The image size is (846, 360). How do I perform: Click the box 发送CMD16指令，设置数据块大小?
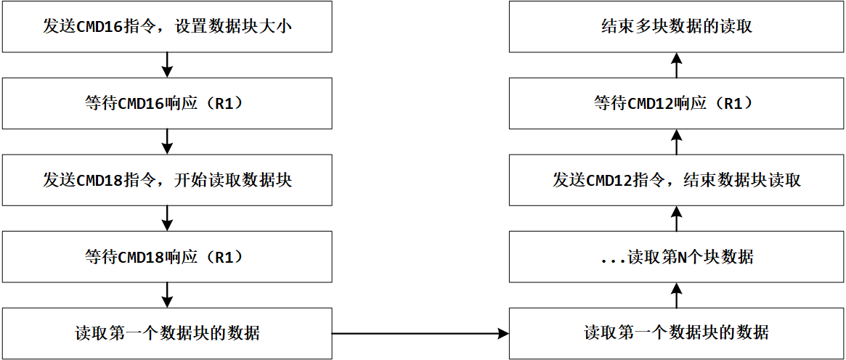tap(167, 27)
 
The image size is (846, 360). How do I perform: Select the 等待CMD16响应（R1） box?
tap(167, 103)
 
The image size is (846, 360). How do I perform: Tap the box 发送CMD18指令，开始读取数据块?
tap(167, 179)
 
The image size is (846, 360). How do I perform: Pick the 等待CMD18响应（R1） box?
tap(167, 256)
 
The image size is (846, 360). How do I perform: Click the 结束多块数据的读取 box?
tap(676, 27)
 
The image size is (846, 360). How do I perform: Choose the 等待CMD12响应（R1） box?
tap(676, 103)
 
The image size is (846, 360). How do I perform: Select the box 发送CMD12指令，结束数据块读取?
tap(676, 179)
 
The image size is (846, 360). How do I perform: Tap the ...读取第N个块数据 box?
tap(676, 256)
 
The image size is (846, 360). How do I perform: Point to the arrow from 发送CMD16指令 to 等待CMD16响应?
tap(167, 65)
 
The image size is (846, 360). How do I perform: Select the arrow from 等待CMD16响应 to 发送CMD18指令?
tap(167, 142)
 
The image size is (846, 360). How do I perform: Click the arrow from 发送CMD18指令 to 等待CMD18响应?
tap(167, 218)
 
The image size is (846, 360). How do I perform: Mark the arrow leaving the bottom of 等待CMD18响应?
tap(167, 295)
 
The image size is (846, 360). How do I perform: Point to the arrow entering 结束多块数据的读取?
tap(676, 65)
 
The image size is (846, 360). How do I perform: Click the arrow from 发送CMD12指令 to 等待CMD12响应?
tap(676, 142)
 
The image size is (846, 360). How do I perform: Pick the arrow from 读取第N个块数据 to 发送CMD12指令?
tap(676, 218)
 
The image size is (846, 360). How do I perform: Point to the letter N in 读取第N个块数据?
tap(682, 257)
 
